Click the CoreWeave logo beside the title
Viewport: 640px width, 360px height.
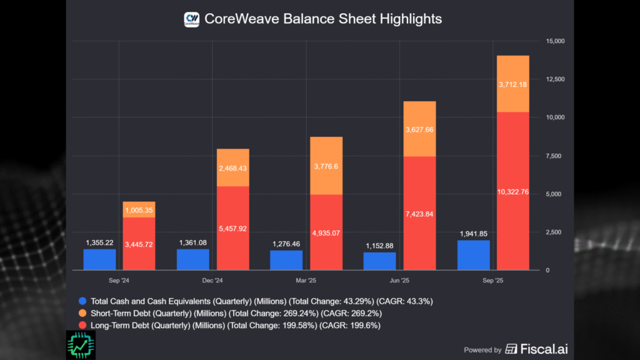click(x=191, y=19)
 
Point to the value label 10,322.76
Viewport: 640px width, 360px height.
click(x=512, y=192)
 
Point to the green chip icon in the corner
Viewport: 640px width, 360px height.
click(x=80, y=345)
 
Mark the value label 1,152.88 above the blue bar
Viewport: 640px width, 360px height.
click(x=380, y=243)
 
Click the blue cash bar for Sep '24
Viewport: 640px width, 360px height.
click(x=100, y=259)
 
